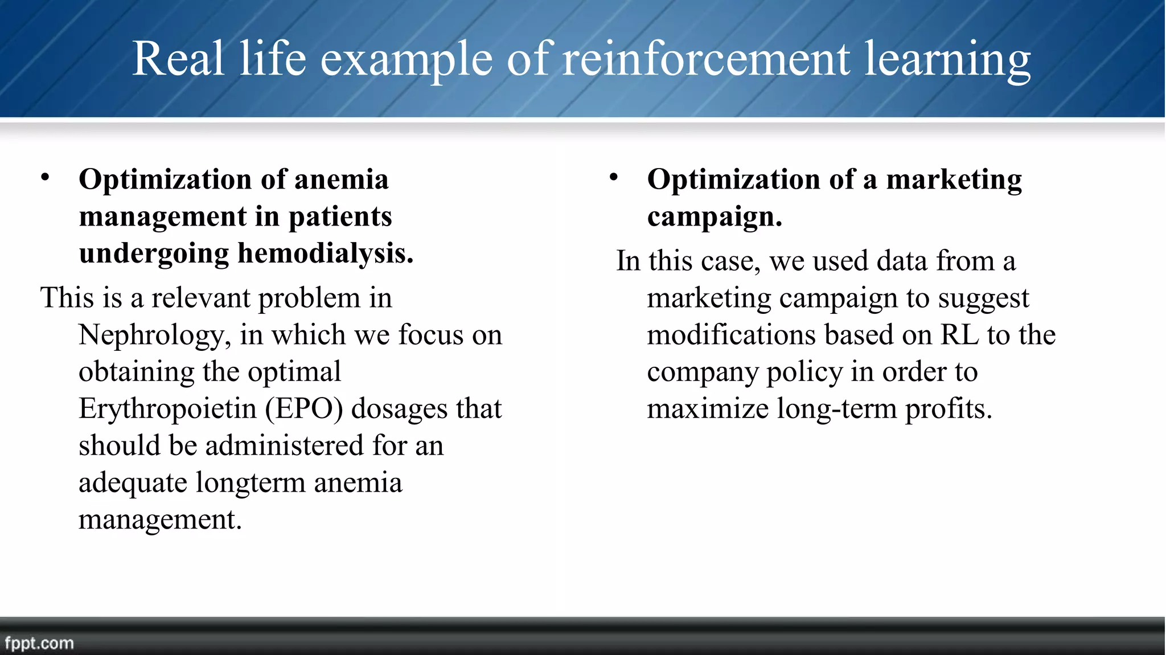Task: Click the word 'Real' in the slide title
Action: (178, 59)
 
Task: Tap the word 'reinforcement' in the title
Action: (706, 59)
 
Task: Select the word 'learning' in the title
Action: (947, 60)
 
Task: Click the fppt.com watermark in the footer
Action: (39, 643)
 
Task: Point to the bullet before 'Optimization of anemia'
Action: (45, 178)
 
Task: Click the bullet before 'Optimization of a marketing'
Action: (613, 178)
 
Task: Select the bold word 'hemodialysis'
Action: (325, 253)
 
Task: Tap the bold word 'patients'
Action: (340, 217)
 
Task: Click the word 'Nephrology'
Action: (154, 335)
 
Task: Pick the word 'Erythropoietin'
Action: (167, 409)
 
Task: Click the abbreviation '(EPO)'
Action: (304, 409)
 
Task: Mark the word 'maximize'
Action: (708, 409)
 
